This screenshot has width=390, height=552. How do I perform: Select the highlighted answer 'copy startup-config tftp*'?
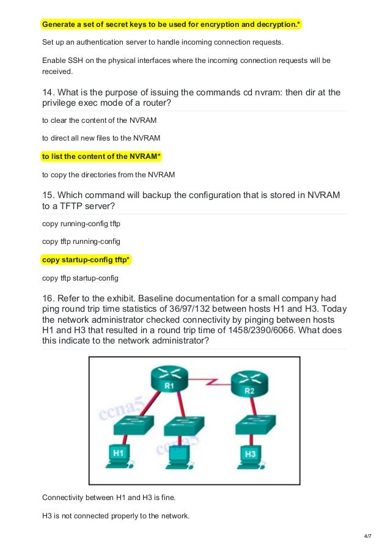pos(86,260)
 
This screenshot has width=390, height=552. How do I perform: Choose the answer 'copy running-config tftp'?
pos(81,224)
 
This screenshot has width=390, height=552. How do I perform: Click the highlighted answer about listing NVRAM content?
pos(101,156)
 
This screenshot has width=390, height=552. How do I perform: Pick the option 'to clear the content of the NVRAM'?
pos(99,120)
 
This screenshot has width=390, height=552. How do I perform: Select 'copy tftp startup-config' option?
pos(80,278)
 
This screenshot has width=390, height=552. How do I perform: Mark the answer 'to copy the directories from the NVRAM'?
pos(108,175)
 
